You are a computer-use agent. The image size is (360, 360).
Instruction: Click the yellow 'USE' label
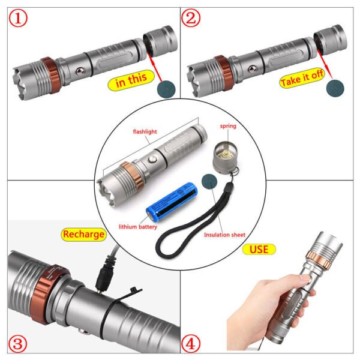point(259,248)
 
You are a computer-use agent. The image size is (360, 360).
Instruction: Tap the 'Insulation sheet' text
point(222,235)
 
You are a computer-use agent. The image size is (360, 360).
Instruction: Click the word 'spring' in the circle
point(228,127)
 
